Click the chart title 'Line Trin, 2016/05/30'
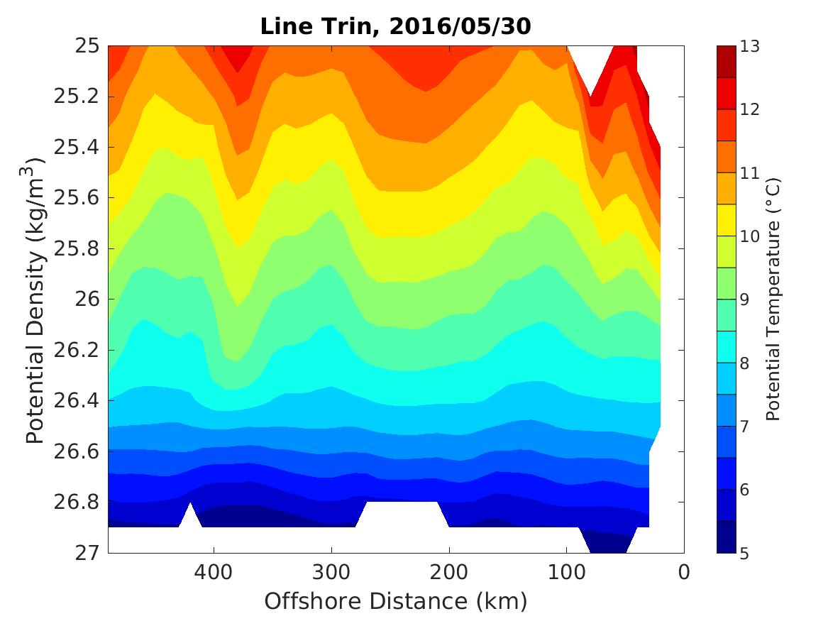[x=396, y=27]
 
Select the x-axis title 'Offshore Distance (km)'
[x=396, y=601]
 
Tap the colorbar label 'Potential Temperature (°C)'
[x=773, y=299]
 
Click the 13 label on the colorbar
[x=751, y=47]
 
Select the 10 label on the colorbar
[x=751, y=236]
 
